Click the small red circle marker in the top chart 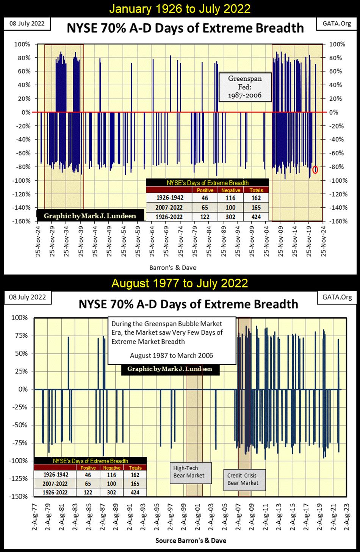pos(315,169)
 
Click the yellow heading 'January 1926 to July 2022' pos(180,8)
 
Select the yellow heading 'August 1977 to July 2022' pos(180,283)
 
